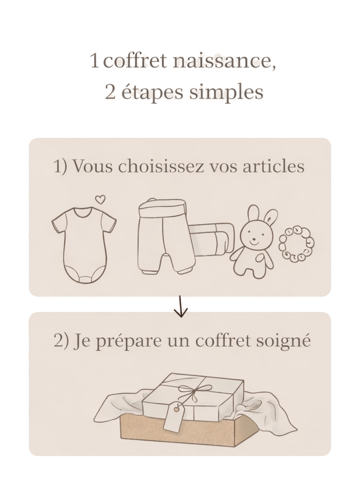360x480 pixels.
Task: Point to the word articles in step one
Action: [x=274, y=166]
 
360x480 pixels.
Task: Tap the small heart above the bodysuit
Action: [x=100, y=199]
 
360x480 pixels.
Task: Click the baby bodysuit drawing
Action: [x=84, y=245]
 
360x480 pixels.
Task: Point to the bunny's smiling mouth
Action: [x=254, y=243]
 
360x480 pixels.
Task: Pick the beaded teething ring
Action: [x=297, y=244]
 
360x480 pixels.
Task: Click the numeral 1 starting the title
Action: [x=95, y=60]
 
